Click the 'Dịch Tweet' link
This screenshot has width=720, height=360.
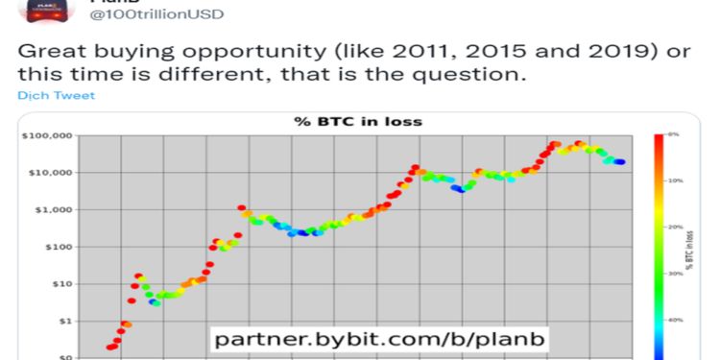[57, 96]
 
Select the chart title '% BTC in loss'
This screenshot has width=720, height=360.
[356, 122]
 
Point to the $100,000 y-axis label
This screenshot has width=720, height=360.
[46, 136]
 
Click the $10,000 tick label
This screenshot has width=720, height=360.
[48, 173]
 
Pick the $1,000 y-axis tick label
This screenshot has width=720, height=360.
[51, 209]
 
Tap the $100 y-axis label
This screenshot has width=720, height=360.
[55, 247]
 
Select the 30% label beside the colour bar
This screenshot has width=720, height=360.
[676, 274]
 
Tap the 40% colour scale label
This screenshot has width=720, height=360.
[676, 320]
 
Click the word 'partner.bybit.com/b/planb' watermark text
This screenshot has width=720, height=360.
[380, 339]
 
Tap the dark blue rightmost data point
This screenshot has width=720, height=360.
[620, 162]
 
